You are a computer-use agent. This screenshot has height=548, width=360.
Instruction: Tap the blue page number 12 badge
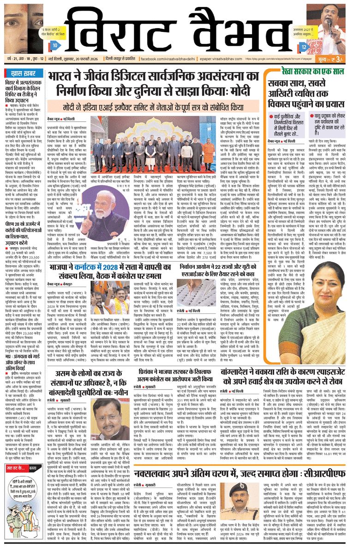click(303, 47)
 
